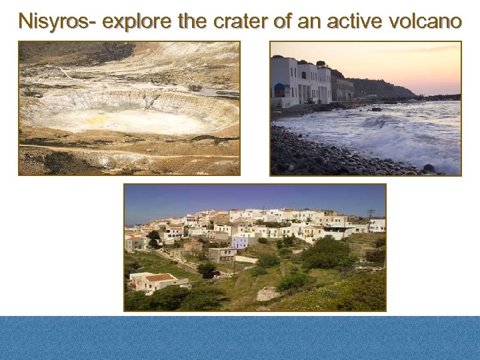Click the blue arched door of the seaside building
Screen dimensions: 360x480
pyautogui.click(x=279, y=90)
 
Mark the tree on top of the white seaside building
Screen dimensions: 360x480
pyautogui.click(x=321, y=64)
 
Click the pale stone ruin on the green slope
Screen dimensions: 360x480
pyautogui.click(x=267, y=293)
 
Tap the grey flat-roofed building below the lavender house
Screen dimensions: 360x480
pyautogui.click(x=222, y=255)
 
